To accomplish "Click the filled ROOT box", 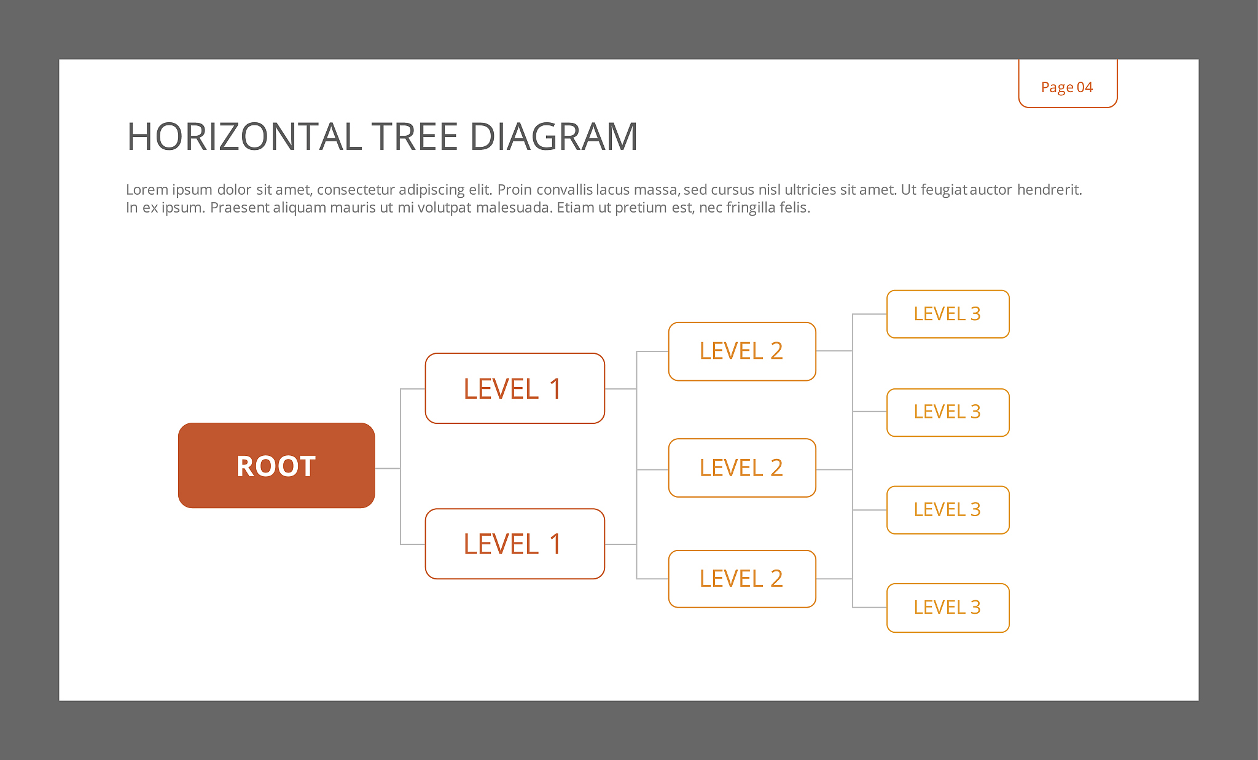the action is [x=276, y=465].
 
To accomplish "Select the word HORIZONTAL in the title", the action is [x=243, y=136].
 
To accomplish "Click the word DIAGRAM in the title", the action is [x=554, y=136].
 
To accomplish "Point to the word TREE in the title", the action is [x=415, y=136].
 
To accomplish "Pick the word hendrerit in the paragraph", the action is [x=1049, y=189].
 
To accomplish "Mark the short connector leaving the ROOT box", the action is [x=388, y=469].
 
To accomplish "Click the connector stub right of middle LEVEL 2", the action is [x=834, y=470].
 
